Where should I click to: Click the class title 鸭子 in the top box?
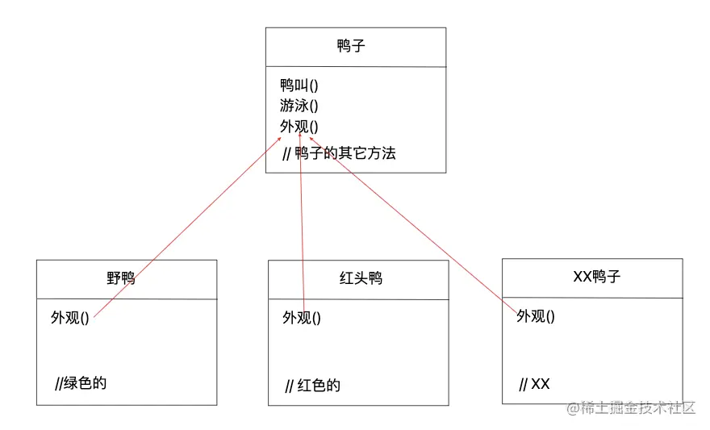pyautogui.click(x=352, y=46)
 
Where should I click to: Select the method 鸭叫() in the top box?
pyautogui.click(x=299, y=85)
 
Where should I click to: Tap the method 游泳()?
pyautogui.click(x=299, y=106)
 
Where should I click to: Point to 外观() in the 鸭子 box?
pyautogui.click(x=299, y=127)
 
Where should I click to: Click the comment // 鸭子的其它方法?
pyautogui.click(x=339, y=153)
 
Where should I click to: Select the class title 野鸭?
pyautogui.click(x=121, y=278)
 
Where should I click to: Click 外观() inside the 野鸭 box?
pyautogui.click(x=70, y=318)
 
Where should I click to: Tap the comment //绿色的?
pyautogui.click(x=81, y=382)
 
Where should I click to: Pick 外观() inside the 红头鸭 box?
pyautogui.click(x=302, y=318)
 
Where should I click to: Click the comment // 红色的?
pyautogui.click(x=312, y=385)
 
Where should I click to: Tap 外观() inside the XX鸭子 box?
pyautogui.click(x=536, y=316)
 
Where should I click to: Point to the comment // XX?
pyautogui.click(x=534, y=384)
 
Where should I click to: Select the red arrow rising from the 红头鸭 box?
pyautogui.click(x=302, y=226)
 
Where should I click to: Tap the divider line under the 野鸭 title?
pyautogui.click(x=127, y=299)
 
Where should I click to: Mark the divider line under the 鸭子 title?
pyautogui.click(x=356, y=67)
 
